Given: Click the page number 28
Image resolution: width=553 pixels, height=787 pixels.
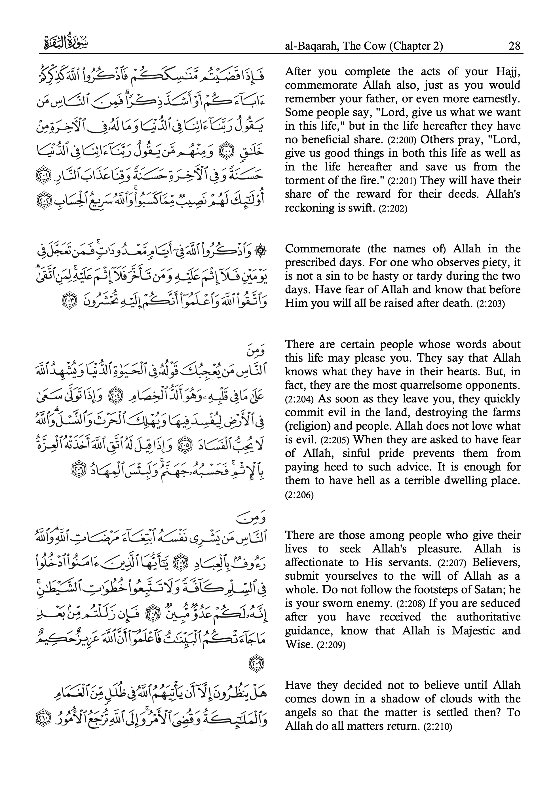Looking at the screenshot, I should tap(514, 46).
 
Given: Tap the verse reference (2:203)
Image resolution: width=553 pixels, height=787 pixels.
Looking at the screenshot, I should tap(491, 304).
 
